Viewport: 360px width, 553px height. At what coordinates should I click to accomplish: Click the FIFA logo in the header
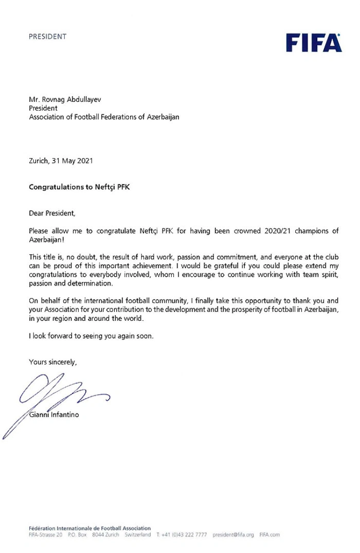[x=314, y=43]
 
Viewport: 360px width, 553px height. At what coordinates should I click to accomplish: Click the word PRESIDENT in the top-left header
[x=48, y=36]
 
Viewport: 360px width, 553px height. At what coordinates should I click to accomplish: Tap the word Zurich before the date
[x=39, y=161]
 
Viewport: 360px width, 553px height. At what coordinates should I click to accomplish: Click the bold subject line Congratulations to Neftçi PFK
[x=79, y=188]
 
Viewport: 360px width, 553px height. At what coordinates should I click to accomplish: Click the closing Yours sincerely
[x=52, y=362]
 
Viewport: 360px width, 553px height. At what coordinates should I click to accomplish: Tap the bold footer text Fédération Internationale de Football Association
[x=89, y=528]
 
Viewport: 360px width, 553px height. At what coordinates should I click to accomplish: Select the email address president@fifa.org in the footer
[x=233, y=534]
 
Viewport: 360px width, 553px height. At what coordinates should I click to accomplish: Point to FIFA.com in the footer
[x=269, y=534]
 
